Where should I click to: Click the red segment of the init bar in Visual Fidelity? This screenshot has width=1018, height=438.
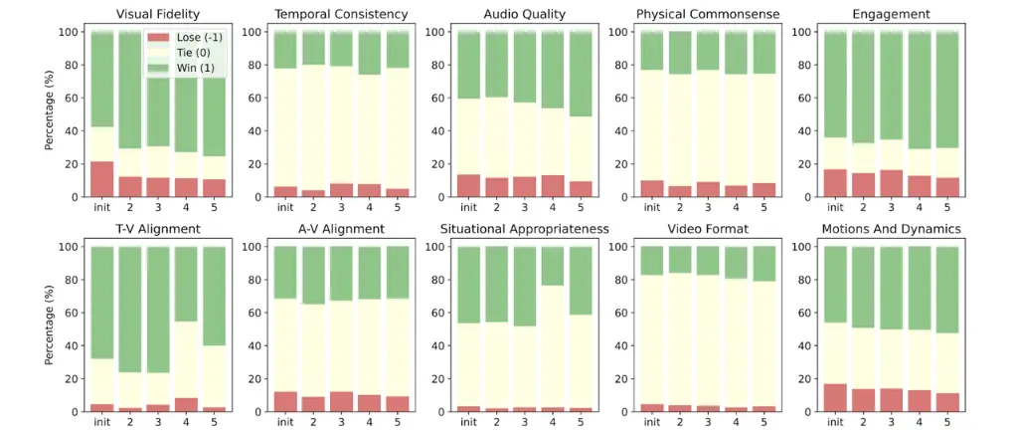[100, 179]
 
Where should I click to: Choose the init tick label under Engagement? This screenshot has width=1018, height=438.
[834, 207]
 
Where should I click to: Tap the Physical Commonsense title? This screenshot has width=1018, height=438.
[709, 14]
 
